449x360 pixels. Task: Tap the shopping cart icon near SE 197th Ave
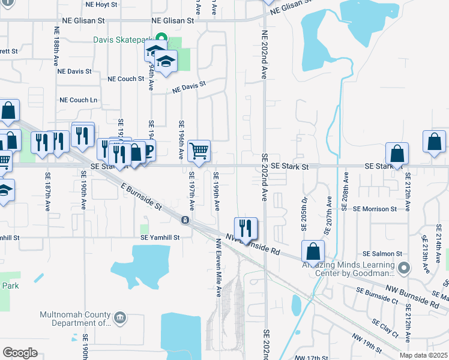(199, 151)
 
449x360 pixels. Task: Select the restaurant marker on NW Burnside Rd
(246, 227)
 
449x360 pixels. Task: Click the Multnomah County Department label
(75, 319)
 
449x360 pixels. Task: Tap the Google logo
(20, 353)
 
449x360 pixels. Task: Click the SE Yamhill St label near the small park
(160, 238)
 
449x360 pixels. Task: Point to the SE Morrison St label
(375, 209)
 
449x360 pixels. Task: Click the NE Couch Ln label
(78, 100)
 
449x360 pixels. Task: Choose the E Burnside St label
(141, 197)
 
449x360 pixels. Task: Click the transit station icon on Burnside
(185, 220)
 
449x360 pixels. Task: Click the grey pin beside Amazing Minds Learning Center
(405, 268)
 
